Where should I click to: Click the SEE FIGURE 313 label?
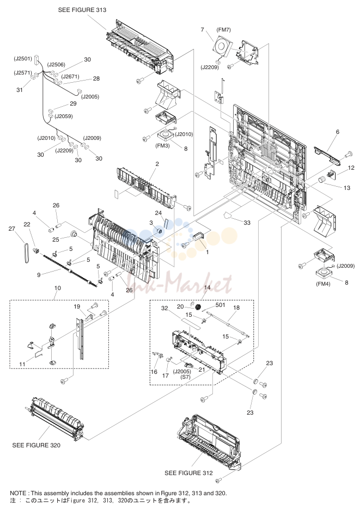coord(82,10)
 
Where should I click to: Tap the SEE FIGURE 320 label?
coord(36,445)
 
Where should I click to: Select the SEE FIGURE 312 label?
coord(188,473)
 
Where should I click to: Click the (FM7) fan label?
coord(223,29)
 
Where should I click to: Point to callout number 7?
coord(202,29)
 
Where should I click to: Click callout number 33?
coord(247,223)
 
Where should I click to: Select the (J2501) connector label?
coord(23,59)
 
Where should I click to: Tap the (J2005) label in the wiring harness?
coord(90,97)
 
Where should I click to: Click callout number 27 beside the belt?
coord(12,229)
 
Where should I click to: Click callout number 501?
coord(221,305)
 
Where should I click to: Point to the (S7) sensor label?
coord(186,377)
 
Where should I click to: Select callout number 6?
coord(338,132)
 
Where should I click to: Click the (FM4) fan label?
coord(323,284)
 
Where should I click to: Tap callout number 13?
coord(346,188)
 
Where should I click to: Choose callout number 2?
coord(157,164)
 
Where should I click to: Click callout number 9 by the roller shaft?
coord(39,275)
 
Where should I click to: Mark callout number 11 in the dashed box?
coord(22,364)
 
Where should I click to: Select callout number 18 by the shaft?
coord(236,307)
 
